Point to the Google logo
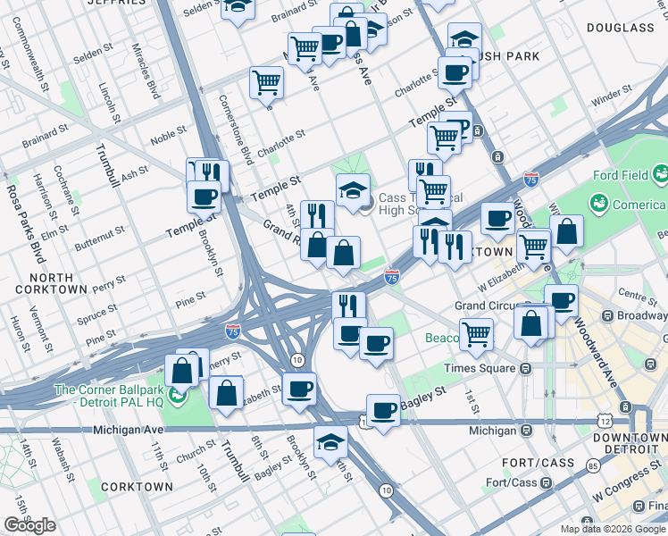(x=29, y=525)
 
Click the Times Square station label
(x=483, y=367)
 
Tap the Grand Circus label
(x=483, y=306)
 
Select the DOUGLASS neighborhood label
(x=621, y=28)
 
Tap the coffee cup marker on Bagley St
(x=383, y=410)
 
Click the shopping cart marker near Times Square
(x=477, y=334)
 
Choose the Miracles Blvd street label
(x=145, y=70)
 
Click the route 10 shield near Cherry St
(x=298, y=359)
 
